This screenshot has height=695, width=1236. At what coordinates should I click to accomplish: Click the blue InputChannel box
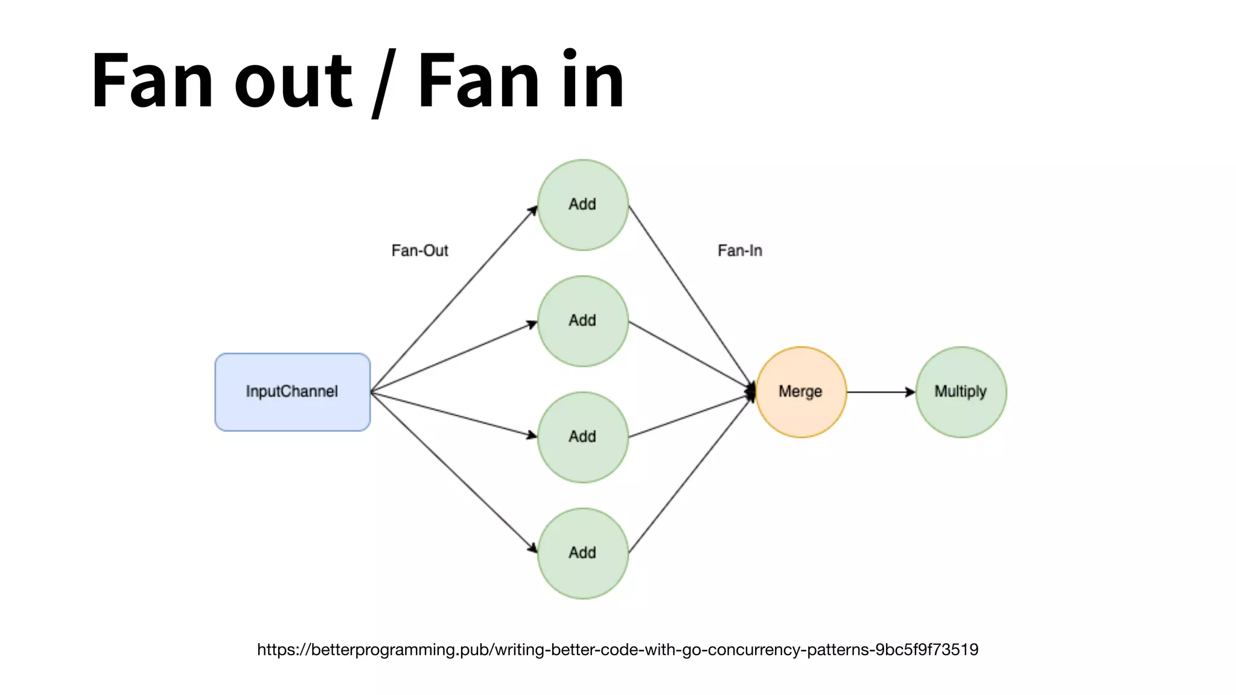pyautogui.click(x=292, y=392)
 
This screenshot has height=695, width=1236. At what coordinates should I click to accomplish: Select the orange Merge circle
pyautogui.click(x=800, y=392)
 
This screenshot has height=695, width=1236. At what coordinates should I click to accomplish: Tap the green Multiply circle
pyautogui.click(x=960, y=392)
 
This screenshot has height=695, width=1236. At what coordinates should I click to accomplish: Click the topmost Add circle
pyautogui.click(x=582, y=205)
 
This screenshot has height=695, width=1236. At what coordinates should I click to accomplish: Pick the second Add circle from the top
pyautogui.click(x=582, y=320)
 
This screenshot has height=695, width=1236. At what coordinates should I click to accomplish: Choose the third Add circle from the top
pyautogui.click(x=582, y=437)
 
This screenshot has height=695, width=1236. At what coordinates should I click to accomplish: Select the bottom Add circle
pyautogui.click(x=582, y=553)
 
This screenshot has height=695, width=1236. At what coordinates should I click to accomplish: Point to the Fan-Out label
pyautogui.click(x=420, y=250)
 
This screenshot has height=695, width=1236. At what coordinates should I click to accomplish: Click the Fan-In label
pyautogui.click(x=740, y=250)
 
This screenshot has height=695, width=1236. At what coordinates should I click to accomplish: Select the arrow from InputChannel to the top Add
pyautogui.click(x=453, y=300)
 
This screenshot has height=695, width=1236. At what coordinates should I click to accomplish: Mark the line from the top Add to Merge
pyautogui.click(x=691, y=297)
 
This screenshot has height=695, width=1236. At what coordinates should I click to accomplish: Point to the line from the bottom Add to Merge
pyautogui.click(x=691, y=473)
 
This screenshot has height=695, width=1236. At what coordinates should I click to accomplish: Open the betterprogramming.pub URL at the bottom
pyautogui.click(x=617, y=650)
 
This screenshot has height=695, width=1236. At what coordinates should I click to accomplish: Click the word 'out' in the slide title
pyautogui.click(x=293, y=81)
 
